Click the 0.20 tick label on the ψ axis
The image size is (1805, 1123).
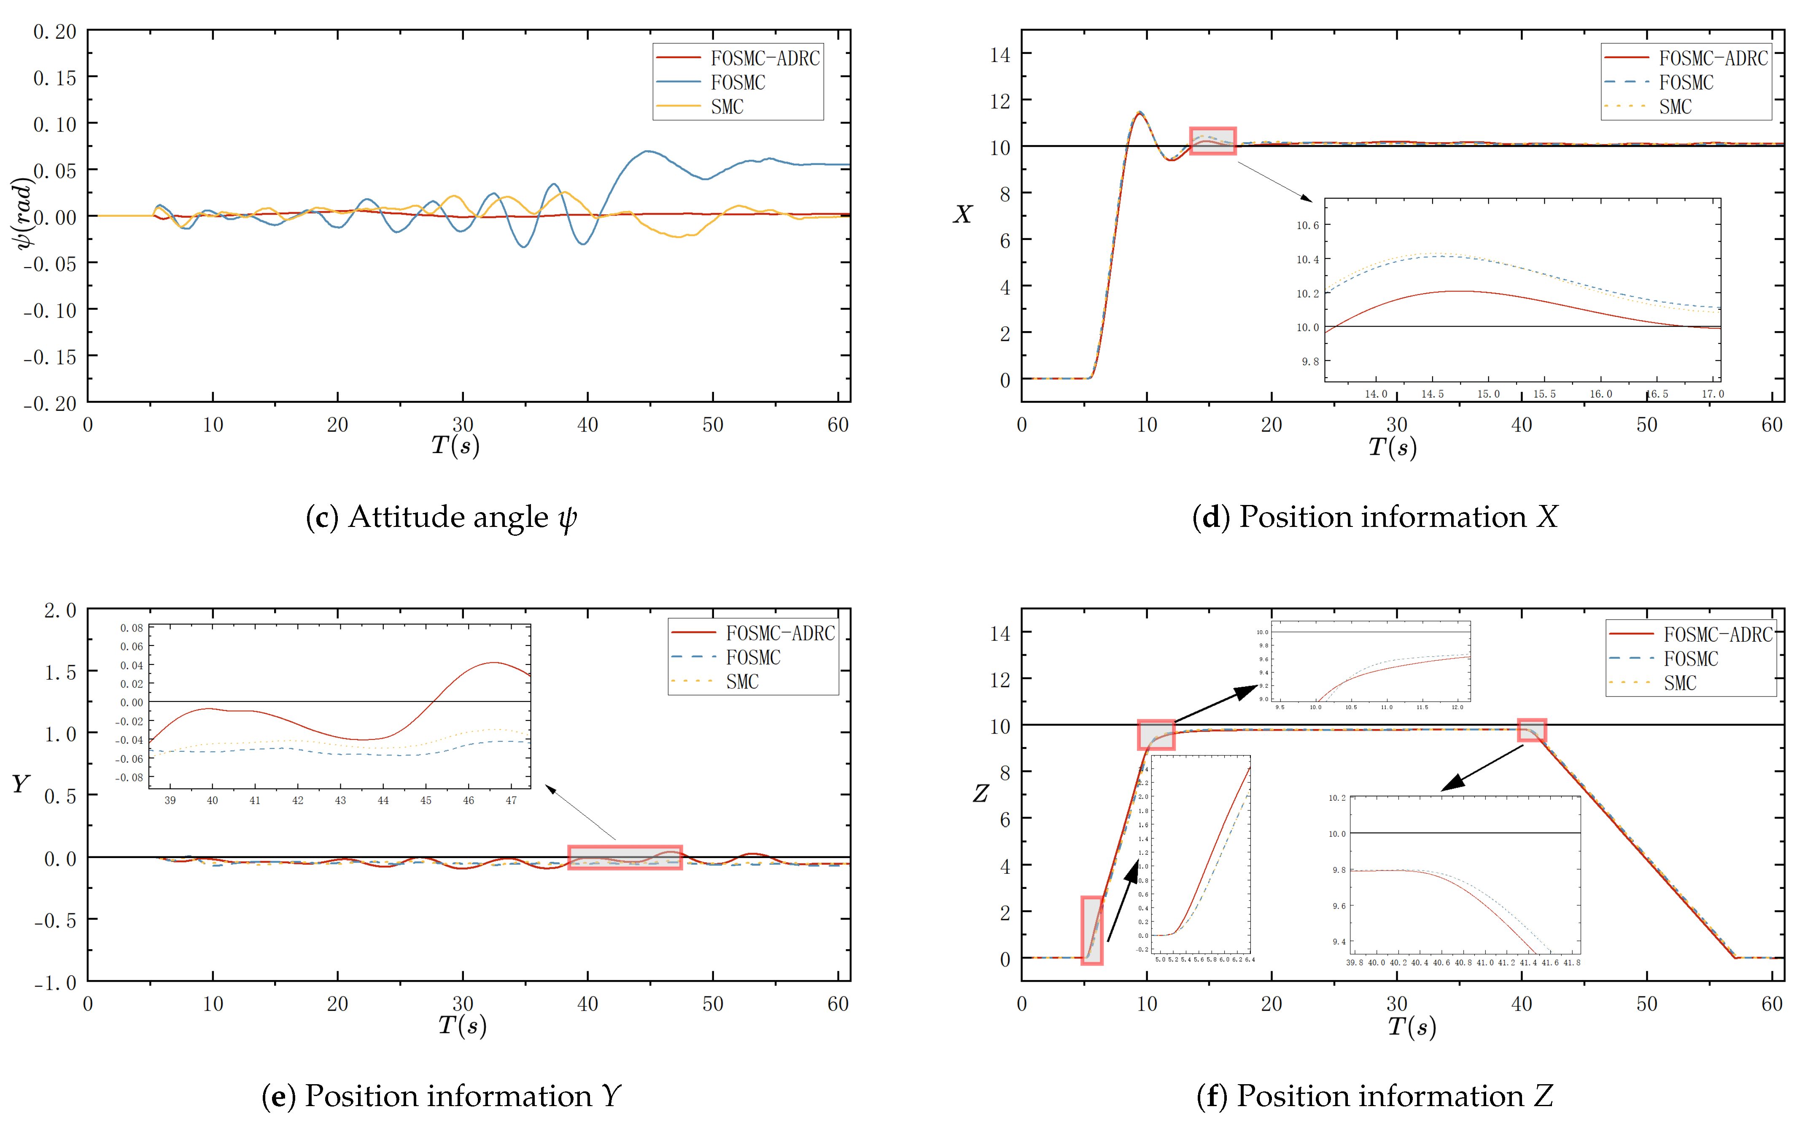pyautogui.click(x=55, y=32)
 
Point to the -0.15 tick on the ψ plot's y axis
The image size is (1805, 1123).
pyautogui.click(x=50, y=357)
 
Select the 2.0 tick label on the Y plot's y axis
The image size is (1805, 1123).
pyautogui.click(x=60, y=610)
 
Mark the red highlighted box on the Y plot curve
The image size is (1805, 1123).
pyautogui.click(x=625, y=858)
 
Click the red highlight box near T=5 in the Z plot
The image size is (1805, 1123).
pyautogui.click(x=1091, y=931)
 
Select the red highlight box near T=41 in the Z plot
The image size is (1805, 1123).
pyautogui.click(x=1532, y=730)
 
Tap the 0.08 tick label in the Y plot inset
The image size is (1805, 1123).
pyautogui.click(x=132, y=628)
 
